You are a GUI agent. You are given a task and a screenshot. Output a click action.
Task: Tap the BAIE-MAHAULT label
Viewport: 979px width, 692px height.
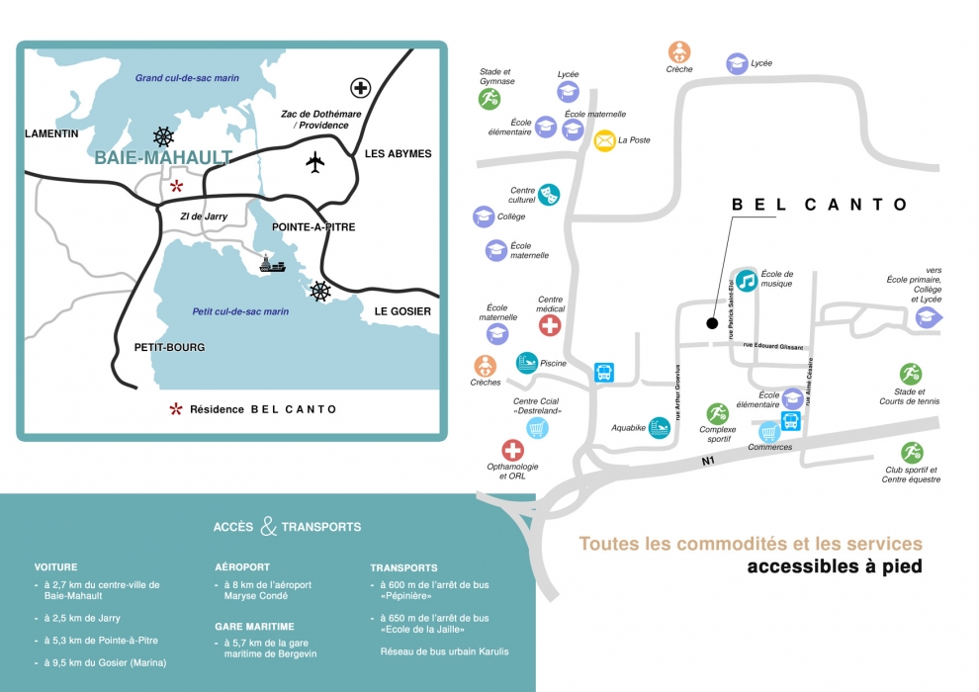163,157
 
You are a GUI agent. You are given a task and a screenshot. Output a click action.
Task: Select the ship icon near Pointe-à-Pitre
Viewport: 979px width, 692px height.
273,264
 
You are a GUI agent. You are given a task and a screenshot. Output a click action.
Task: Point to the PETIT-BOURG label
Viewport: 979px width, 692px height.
169,347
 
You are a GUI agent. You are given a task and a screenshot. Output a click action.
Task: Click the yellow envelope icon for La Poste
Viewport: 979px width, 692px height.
604,140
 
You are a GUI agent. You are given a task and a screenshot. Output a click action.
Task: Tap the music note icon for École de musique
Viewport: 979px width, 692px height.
747,281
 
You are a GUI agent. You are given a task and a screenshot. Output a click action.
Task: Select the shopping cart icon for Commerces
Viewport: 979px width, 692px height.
769,431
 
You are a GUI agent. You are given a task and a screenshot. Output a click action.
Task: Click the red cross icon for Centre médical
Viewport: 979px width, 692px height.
550,324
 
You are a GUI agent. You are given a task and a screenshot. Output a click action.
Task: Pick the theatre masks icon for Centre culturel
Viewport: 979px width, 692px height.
549,194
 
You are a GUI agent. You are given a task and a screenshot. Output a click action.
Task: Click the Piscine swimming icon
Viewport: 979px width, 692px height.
527,363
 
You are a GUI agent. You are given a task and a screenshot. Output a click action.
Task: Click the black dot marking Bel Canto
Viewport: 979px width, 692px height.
711,322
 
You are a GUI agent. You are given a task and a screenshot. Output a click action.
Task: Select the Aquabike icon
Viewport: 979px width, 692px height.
659,427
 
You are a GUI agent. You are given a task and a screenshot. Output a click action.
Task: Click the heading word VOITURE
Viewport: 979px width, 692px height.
55,568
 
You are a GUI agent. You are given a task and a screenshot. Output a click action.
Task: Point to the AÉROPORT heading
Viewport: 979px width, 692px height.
242,567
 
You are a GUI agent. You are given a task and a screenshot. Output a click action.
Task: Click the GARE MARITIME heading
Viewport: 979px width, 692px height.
254,627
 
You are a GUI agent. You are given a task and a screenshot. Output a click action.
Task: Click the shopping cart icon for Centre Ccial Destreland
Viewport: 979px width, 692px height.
537,428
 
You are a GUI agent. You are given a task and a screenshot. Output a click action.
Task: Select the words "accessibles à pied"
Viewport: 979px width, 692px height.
835,567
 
